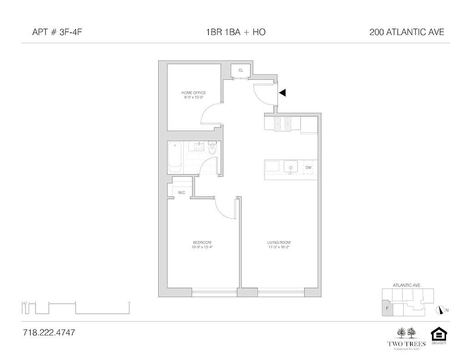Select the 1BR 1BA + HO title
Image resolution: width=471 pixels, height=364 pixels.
click(x=235, y=32)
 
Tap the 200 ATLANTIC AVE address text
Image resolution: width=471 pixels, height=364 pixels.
click(x=407, y=32)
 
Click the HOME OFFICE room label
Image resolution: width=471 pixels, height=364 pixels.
click(x=193, y=93)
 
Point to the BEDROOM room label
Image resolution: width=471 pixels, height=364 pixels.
click(x=202, y=243)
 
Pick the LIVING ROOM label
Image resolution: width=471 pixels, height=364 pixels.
click(x=279, y=243)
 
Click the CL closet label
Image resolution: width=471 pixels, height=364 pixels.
click(x=241, y=71)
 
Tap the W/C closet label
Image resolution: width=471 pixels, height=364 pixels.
click(x=182, y=192)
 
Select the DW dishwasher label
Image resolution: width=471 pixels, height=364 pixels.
click(x=308, y=167)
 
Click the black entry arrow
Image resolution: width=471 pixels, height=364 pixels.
click(x=283, y=93)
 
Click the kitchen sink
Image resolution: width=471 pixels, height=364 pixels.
click(x=290, y=167)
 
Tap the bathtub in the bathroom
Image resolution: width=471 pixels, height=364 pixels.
click(x=175, y=157)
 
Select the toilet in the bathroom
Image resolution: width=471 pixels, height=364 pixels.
click(x=212, y=148)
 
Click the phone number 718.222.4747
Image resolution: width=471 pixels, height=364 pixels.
click(x=49, y=333)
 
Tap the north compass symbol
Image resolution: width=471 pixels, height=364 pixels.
click(x=440, y=310)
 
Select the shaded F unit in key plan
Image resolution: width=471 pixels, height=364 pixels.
click(x=386, y=308)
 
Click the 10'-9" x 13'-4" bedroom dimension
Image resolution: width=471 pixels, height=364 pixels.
click(x=202, y=248)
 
